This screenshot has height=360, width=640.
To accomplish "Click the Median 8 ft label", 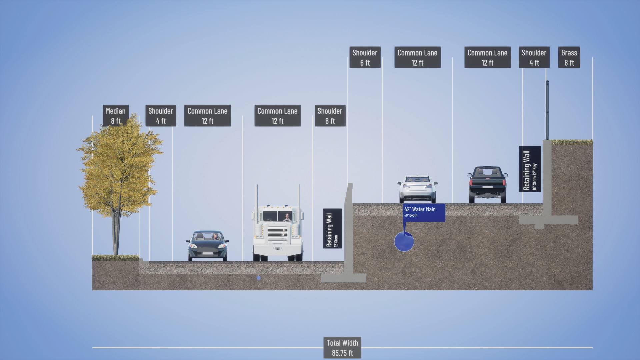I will [x=116, y=115].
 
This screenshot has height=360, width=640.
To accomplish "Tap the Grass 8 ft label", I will [x=569, y=57].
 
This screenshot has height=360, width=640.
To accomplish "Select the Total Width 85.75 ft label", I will [x=342, y=348].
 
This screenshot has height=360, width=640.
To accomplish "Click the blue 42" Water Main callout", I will [x=424, y=212].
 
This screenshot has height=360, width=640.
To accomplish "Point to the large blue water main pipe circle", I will [x=404, y=242].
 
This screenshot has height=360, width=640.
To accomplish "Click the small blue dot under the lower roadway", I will [x=259, y=278].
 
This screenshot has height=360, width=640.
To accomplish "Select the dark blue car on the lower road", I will [x=207, y=245].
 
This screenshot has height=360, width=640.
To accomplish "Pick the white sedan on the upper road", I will [x=417, y=188].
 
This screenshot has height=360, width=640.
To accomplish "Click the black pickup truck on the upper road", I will [x=487, y=184].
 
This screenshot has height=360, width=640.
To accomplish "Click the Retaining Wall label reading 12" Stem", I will [x=332, y=228].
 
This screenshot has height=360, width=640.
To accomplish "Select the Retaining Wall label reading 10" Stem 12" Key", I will [x=530, y=169].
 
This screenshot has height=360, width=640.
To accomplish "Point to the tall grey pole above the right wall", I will [x=547, y=110].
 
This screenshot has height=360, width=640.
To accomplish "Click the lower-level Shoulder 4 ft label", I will [x=161, y=116].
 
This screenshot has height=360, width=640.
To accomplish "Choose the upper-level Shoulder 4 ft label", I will [x=534, y=57].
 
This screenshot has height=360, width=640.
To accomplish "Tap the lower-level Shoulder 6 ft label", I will [x=330, y=116].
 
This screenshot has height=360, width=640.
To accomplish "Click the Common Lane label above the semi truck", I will [x=277, y=116].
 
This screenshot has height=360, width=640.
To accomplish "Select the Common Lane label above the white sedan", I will [x=417, y=57].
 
